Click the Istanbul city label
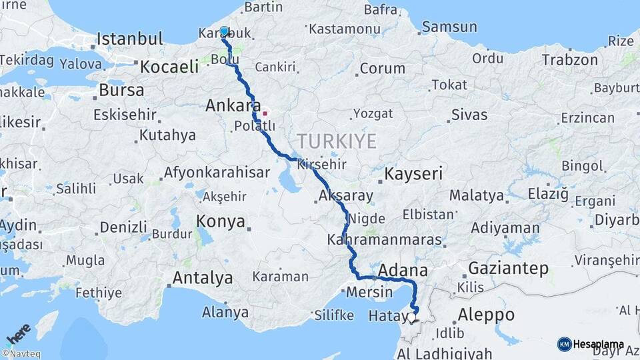coord(130,39)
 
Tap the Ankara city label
coord(233,105)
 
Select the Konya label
coord(221,222)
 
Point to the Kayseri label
coord(414,175)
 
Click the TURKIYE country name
coord(337,141)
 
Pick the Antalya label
coord(203,277)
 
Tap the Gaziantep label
coord(508,269)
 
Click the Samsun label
coord(449,27)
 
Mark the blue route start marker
coord(224,31)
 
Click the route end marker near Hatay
coord(413,319)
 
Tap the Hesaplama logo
coord(591,345)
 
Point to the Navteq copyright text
coord(21,354)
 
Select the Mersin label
coord(369,292)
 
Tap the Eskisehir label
coord(125,115)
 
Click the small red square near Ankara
coord(265,113)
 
